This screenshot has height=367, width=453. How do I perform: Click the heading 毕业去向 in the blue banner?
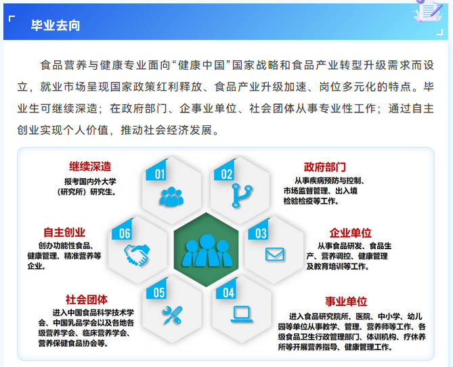pos(56,26)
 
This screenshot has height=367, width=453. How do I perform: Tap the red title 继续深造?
pos(90,167)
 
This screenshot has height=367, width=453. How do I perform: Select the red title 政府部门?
pos(325,167)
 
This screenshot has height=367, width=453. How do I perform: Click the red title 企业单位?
pos(351,233)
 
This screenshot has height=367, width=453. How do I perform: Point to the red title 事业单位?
pos(346,301)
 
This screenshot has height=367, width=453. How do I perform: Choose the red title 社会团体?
pos(87,300)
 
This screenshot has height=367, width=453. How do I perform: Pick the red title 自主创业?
pos(64,232)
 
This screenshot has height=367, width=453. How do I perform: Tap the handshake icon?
pos(137,255)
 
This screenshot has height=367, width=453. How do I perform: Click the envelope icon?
pos(274,255)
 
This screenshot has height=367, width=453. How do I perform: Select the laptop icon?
pos(242,314)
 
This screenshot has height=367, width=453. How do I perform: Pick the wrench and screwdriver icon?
pos(172,315)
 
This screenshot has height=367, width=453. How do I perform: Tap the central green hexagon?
pos(207,250)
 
